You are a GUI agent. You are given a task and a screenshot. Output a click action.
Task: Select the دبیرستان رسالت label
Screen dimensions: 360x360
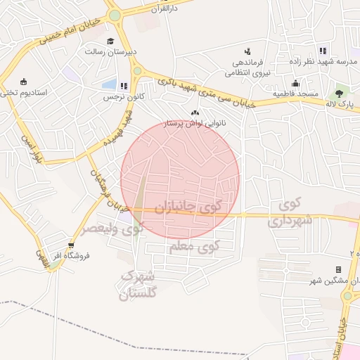(105, 52)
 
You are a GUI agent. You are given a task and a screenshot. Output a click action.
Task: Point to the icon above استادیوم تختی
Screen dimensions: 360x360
(24, 81)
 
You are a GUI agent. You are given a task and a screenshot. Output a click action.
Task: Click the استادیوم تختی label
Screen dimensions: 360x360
(25, 92)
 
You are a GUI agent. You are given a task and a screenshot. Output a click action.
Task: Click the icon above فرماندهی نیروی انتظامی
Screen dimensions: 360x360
(247, 51)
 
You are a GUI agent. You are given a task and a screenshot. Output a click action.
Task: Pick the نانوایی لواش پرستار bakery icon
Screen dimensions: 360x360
(195, 112)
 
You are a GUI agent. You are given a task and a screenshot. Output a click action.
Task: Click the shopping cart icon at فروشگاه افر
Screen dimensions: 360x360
(70, 245)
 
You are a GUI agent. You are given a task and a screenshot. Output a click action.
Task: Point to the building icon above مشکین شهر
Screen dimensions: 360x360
(338, 269)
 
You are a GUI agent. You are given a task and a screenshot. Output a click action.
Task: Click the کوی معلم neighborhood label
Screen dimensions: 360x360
(195, 247)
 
